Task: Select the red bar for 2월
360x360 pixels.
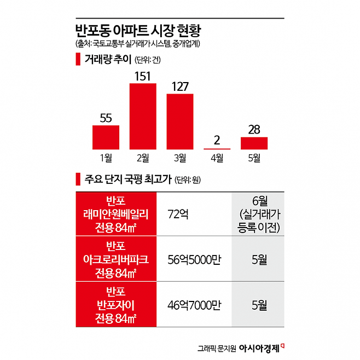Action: tap(143, 116)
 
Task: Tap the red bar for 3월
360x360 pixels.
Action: tap(180, 121)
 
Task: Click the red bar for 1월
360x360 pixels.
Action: tap(106, 137)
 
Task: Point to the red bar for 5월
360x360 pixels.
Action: tap(254, 143)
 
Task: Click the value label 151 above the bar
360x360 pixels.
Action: tap(142, 75)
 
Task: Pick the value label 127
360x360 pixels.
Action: tap(179, 86)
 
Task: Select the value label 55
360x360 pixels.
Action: tap(106, 117)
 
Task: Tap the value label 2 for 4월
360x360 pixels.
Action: tap(217, 140)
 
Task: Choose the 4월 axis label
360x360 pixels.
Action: tap(217, 159)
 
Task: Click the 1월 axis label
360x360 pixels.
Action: tap(106, 159)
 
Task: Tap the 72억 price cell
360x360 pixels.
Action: tap(177, 213)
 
